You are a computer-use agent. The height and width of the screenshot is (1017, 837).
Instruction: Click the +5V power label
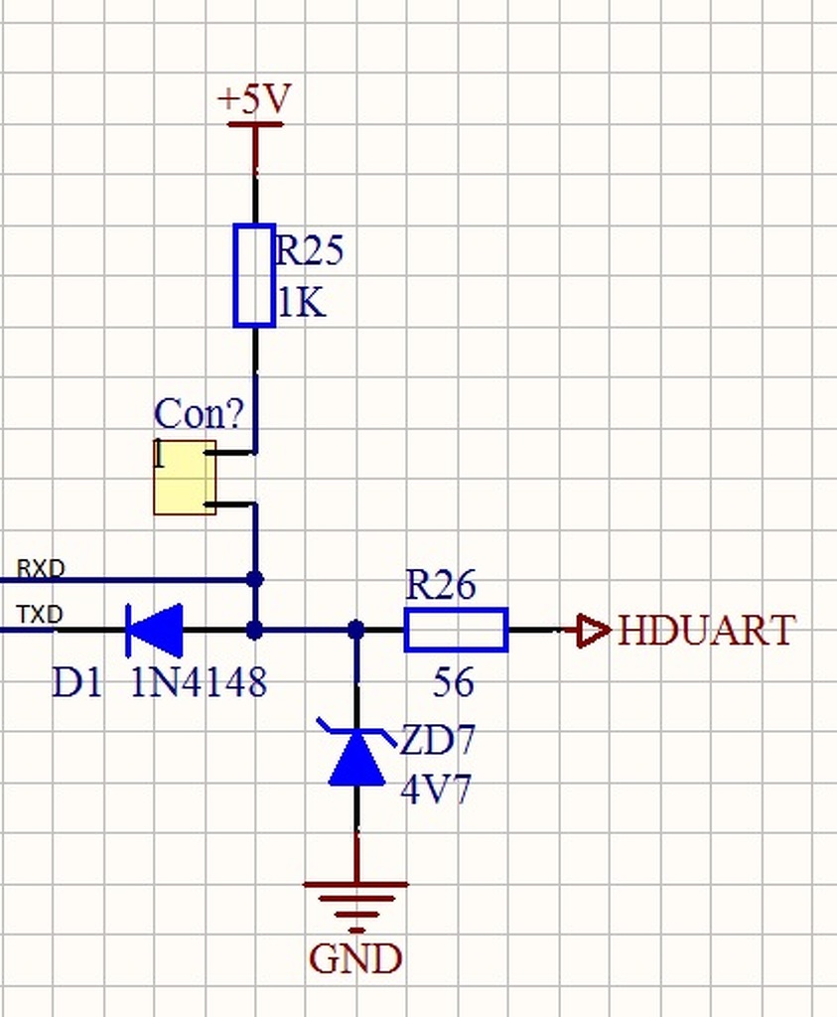[254, 99]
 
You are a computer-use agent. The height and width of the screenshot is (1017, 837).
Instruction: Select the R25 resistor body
[254, 275]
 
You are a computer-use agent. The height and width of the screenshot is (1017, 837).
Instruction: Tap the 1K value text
[301, 303]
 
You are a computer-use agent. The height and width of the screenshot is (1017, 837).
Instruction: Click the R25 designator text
[309, 251]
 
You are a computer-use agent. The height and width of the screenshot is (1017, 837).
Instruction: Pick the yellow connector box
[185, 477]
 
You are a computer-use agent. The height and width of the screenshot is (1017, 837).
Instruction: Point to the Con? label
[199, 414]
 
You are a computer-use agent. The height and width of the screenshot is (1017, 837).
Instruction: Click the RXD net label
[41, 569]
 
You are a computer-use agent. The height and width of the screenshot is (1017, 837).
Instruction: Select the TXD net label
[40, 616]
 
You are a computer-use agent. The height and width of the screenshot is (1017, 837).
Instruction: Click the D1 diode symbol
[155, 630]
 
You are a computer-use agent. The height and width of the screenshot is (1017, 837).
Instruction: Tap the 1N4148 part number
[199, 682]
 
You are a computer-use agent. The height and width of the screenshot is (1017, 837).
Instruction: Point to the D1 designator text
[76, 682]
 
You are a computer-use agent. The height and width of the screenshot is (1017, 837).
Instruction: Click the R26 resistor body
[456, 630]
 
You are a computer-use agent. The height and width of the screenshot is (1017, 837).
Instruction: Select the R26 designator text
[441, 585]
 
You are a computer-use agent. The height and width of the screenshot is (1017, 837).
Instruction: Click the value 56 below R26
[454, 682]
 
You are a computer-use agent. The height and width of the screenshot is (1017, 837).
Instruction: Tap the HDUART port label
[707, 631]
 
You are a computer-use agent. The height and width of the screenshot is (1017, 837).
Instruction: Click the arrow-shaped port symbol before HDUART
[593, 631]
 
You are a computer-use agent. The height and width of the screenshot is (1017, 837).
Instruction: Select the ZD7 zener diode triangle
[356, 760]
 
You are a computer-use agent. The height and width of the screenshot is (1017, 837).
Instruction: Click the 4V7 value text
[436, 791]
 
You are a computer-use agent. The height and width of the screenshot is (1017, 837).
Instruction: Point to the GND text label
[355, 959]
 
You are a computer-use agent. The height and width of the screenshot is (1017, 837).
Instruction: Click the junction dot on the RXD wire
[254, 579]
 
